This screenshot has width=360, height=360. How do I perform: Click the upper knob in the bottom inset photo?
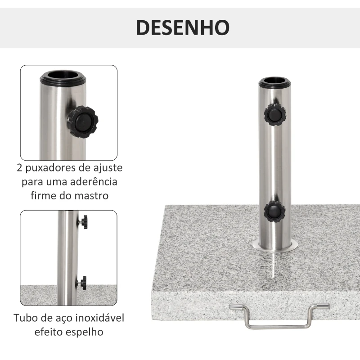click(x=83, y=221)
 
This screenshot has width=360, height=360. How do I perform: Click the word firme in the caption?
click(x=44, y=196)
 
